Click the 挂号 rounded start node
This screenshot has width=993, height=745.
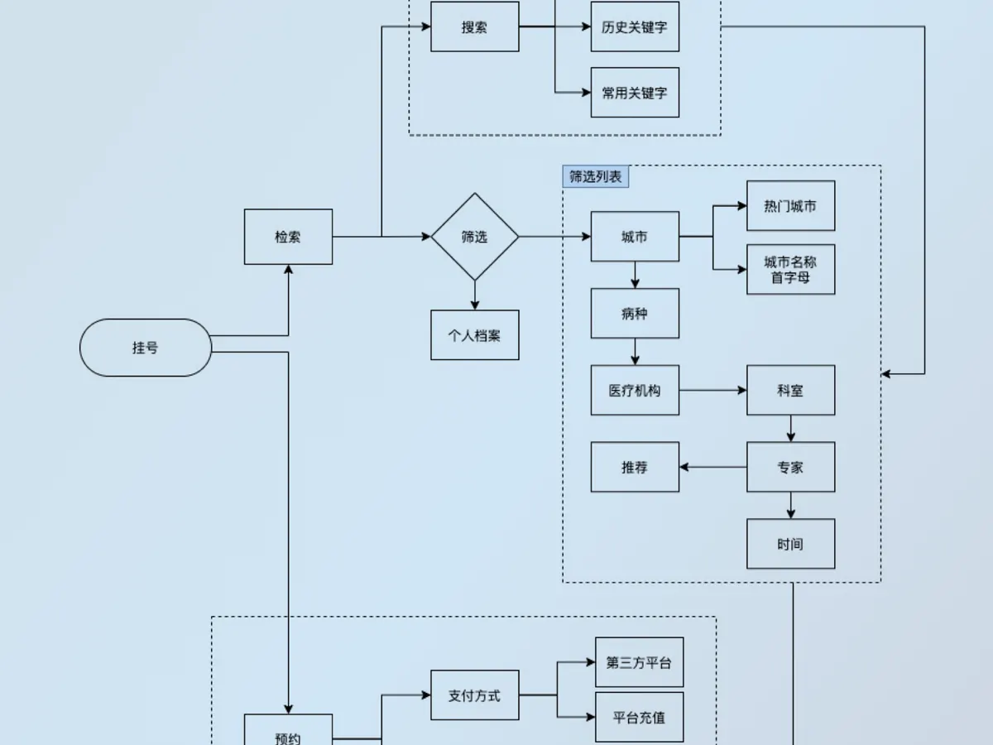145,348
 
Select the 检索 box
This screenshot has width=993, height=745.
288,237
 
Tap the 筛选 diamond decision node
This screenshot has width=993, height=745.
474,237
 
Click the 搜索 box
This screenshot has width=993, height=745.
474,26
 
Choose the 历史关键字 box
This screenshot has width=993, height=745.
635,26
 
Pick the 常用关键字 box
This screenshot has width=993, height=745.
635,93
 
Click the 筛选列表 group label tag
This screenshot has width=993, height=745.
595,176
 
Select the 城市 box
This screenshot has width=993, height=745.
635,237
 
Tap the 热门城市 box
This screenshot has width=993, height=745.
791,206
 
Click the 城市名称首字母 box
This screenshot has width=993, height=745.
791,270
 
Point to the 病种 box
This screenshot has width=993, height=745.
635,314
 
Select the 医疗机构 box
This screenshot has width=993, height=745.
635,391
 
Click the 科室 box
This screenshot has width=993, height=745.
791,391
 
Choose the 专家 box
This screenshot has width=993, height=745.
791,467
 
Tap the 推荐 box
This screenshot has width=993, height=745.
635,467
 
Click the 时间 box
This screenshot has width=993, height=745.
791,544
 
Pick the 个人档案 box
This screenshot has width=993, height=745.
474,335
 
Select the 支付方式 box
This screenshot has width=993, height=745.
474,695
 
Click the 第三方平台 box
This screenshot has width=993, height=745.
639,662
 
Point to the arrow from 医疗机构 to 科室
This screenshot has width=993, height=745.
713,391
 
